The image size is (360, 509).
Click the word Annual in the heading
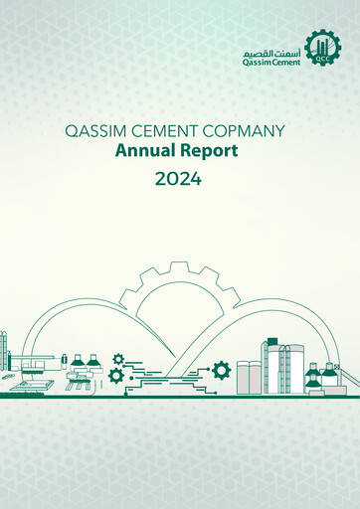(x=145, y=152)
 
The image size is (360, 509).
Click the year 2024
(x=179, y=180)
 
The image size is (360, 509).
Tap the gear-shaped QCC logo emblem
(x=321, y=48)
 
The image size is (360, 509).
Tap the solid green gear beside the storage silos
(x=221, y=371)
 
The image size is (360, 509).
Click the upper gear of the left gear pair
(x=118, y=359)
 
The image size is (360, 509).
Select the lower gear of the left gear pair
(x=115, y=376)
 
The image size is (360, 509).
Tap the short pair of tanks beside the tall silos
(x=248, y=376)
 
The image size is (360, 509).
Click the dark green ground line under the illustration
(x=180, y=395)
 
